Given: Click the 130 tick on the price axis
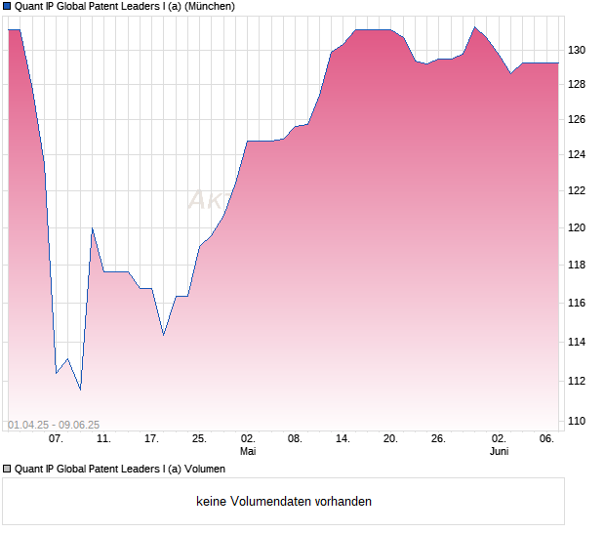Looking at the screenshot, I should tap(578, 50).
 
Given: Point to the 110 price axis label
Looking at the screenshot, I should tap(578, 422).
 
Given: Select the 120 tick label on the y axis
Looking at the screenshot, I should tap(578, 228).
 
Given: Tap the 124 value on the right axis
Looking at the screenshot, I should tap(578, 155).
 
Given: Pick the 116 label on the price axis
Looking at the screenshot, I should tap(578, 304).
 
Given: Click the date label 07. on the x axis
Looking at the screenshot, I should tap(56, 439).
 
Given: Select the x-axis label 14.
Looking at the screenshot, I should tap(343, 439).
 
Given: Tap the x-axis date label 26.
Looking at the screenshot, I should tap(438, 439).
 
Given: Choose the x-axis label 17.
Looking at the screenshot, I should tap(151, 439).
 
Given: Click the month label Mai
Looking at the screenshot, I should tap(248, 452).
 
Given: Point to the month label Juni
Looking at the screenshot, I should tap(499, 452).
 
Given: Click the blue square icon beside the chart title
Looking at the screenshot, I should tap(7, 6).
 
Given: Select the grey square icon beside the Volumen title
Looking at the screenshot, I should tap(7, 469).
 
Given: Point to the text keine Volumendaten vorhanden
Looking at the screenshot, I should tap(284, 502).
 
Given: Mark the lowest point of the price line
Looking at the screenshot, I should tap(80, 389).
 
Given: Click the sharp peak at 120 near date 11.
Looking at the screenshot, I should tap(92, 228).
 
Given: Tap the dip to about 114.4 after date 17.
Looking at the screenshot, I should tap(163, 335).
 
